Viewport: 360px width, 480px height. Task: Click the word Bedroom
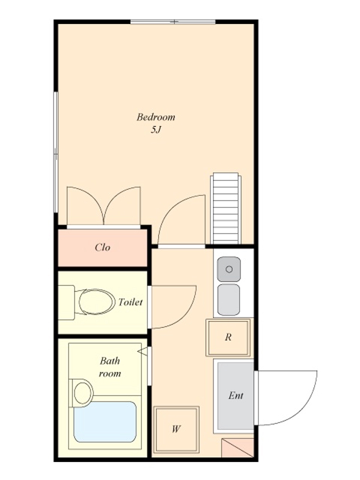[x=156, y=117]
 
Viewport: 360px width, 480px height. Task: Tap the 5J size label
[x=155, y=130]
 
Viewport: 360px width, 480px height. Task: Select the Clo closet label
[x=103, y=247]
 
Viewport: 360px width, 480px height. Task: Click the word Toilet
[x=130, y=302]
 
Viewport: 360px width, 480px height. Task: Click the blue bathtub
[x=105, y=422]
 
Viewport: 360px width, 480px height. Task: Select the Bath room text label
[x=110, y=367]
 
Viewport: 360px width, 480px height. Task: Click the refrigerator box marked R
[x=228, y=337]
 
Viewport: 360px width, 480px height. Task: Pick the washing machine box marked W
[x=176, y=429]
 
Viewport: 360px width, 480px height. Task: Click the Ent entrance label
[x=236, y=395]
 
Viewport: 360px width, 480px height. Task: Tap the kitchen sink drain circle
[x=229, y=269]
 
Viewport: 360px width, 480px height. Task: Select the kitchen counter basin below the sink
[x=229, y=299]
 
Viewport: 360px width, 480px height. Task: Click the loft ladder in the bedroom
[x=226, y=208]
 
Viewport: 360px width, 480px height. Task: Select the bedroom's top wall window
[x=173, y=22]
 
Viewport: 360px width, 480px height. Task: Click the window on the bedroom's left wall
[x=56, y=152]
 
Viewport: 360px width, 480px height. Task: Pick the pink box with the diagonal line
[x=238, y=448]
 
